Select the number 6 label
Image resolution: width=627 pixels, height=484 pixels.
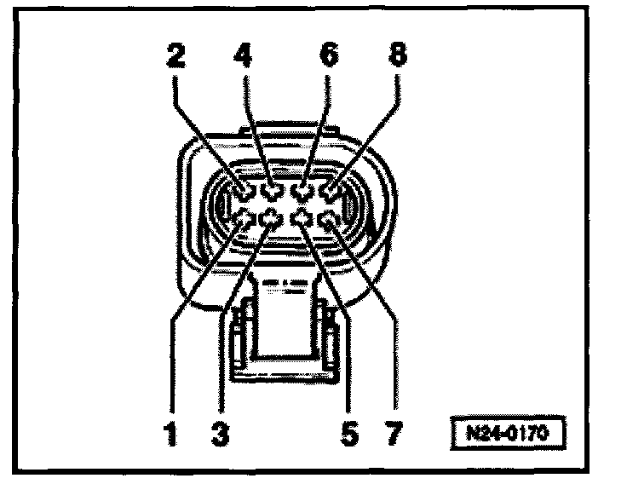point(328,58)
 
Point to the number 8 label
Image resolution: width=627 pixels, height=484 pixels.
point(396,58)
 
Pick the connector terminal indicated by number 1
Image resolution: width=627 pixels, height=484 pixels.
point(245,220)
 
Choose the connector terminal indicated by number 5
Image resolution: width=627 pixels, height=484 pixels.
point(302,220)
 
